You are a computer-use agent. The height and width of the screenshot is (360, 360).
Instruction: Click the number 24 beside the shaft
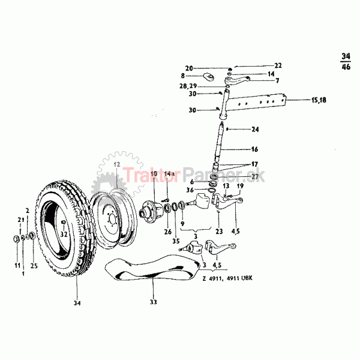point(254,129)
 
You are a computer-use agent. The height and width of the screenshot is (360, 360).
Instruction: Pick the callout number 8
point(182,76)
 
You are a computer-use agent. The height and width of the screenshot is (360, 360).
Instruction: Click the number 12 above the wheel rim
point(116,164)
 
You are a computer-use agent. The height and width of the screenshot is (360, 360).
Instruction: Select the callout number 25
point(33,265)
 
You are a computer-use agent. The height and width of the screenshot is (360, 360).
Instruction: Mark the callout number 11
point(17,265)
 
